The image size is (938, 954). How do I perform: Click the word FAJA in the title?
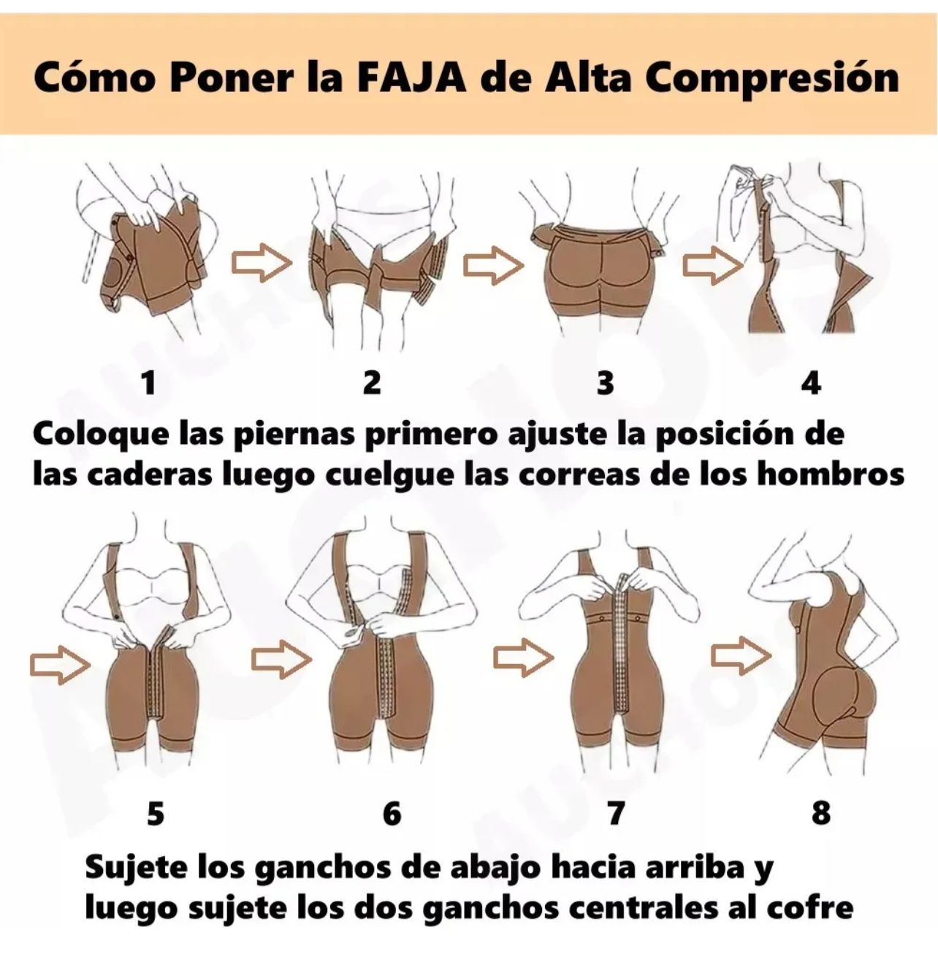click(411, 77)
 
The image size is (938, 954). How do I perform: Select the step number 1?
click(149, 382)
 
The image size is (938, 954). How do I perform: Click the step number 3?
click(605, 383)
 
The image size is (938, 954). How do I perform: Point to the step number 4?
click(811, 383)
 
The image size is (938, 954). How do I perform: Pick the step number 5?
click(156, 813)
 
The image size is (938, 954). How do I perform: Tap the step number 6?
click(392, 813)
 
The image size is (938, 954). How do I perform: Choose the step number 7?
click(616, 813)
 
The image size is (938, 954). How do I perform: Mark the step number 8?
click(821, 813)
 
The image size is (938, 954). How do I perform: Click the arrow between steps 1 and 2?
click(261, 264)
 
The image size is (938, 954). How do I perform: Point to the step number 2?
click(372, 382)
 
